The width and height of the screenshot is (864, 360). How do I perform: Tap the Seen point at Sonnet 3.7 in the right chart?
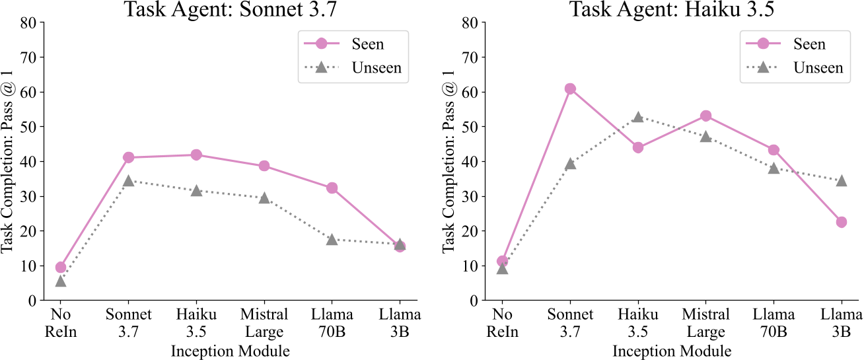(x=570, y=89)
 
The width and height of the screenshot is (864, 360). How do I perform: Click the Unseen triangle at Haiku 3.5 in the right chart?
(x=638, y=117)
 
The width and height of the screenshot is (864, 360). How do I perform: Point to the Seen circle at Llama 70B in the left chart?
(x=332, y=188)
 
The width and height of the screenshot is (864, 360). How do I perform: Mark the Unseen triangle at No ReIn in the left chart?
(x=61, y=281)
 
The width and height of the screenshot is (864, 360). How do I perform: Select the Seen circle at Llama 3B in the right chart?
(x=842, y=222)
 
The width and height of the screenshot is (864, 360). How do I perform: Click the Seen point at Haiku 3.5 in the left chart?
(x=196, y=155)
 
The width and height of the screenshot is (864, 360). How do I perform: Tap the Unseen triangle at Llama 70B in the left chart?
(x=332, y=239)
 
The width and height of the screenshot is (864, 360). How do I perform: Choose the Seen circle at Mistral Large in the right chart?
(x=706, y=116)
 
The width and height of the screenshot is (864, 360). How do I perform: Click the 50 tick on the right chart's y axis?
(x=470, y=127)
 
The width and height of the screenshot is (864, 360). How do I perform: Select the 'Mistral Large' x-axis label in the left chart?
(x=264, y=323)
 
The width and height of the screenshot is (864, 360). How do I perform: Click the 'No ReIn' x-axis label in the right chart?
(x=503, y=323)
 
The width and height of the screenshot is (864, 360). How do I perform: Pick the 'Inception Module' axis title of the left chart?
(x=231, y=351)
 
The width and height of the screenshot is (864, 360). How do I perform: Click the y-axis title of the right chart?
(x=448, y=162)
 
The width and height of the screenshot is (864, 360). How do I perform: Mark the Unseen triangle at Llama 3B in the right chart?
(x=842, y=180)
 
